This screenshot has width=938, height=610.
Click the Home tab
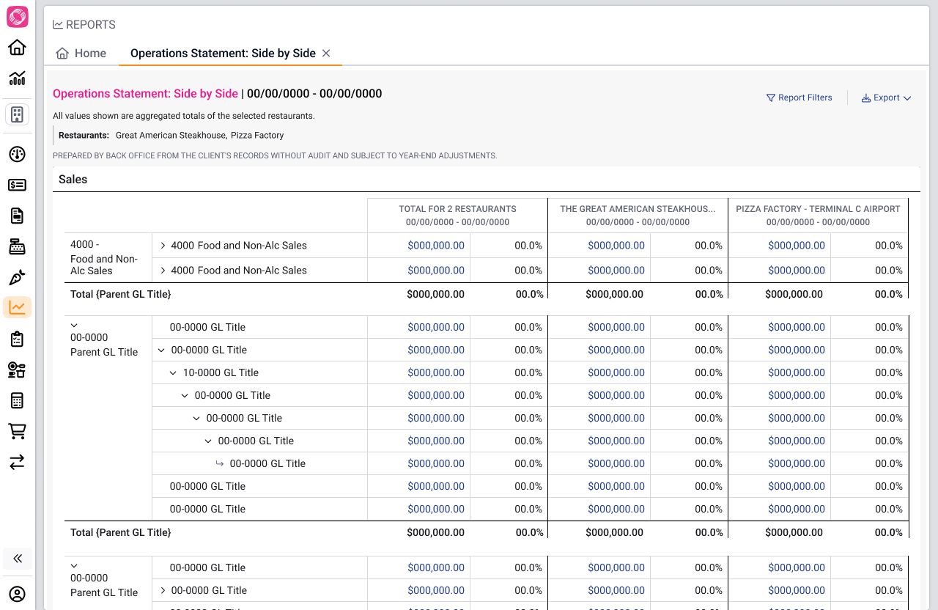(x=81, y=54)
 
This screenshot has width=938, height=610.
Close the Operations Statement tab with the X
(x=326, y=54)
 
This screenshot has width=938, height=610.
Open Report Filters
(x=799, y=98)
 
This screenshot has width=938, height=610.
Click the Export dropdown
(x=886, y=98)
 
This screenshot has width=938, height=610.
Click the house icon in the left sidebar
(x=17, y=48)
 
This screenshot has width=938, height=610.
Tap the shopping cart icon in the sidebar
(x=17, y=431)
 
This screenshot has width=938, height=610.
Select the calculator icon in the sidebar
(x=17, y=400)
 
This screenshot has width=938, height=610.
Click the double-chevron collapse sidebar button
(x=18, y=558)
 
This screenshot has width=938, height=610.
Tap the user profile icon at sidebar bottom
(x=17, y=594)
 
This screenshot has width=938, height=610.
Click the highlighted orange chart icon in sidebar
(x=17, y=307)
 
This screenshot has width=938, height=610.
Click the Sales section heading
(x=73, y=180)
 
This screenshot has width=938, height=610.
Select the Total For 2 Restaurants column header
(x=457, y=209)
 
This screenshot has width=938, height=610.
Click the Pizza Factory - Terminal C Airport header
(x=818, y=209)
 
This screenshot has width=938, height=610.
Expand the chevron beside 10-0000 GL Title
(x=173, y=373)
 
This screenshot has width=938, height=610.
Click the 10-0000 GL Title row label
(x=221, y=372)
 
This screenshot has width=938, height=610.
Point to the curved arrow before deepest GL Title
(x=219, y=463)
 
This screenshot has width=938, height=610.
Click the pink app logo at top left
(x=17, y=17)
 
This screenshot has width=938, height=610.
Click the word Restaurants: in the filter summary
(x=84, y=136)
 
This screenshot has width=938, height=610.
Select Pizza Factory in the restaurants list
(x=257, y=136)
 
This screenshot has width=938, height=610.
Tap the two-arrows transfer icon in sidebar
(x=17, y=462)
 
